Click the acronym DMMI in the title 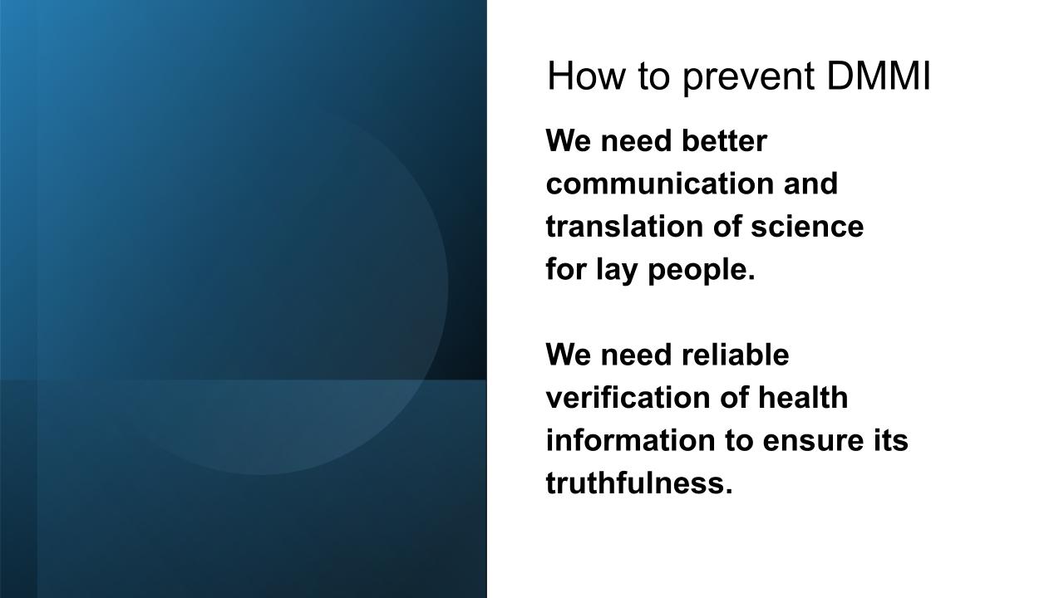tap(879, 76)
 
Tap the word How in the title tap(586, 76)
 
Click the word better tap(724, 141)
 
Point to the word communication tap(660, 184)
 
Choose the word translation tap(624, 227)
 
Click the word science tap(807, 227)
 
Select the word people tap(701, 271)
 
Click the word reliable tap(735, 355)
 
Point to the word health tap(803, 397)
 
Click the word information tap(630, 440)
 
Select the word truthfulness tap(639, 483)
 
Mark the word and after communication tap(810, 184)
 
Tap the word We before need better tap(568, 141)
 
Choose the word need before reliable tap(636, 355)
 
